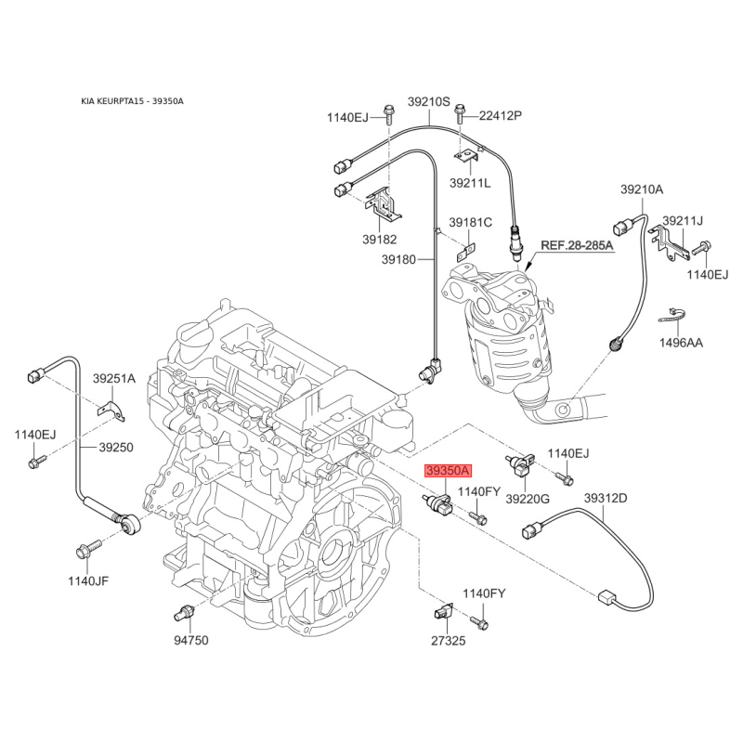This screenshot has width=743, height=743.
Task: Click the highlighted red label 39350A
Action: point(449,471)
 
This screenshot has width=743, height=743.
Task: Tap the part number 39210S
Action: point(429,101)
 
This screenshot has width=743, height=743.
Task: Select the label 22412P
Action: point(501,115)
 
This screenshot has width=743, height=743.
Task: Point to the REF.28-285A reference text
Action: point(577,245)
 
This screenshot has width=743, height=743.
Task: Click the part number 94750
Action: point(191,641)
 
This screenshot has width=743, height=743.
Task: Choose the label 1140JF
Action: point(88,580)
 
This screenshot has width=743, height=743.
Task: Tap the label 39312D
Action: point(606,498)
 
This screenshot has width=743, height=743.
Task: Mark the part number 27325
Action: point(449,641)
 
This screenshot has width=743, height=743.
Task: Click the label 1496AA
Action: point(681,343)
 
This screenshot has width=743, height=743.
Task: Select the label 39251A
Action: point(113,378)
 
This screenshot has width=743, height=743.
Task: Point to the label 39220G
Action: point(528,499)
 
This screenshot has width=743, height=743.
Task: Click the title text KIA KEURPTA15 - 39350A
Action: point(132,101)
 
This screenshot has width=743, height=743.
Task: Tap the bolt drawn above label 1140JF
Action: point(88,549)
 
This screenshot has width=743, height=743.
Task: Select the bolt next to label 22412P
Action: point(459,113)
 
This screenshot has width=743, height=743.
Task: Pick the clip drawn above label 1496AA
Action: point(671,315)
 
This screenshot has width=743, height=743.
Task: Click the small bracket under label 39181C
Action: point(465,253)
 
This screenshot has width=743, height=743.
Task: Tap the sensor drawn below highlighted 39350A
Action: point(438,503)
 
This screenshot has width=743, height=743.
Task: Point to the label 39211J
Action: point(683,220)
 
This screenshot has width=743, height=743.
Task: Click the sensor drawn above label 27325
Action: point(444,611)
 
